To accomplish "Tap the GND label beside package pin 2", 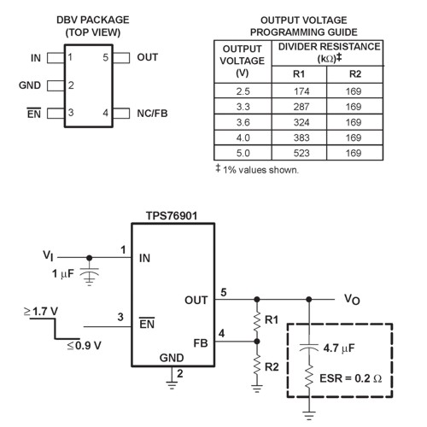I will coord(29,85).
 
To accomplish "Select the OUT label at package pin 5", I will coord(148,58).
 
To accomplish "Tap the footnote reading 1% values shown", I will coord(256,169).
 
